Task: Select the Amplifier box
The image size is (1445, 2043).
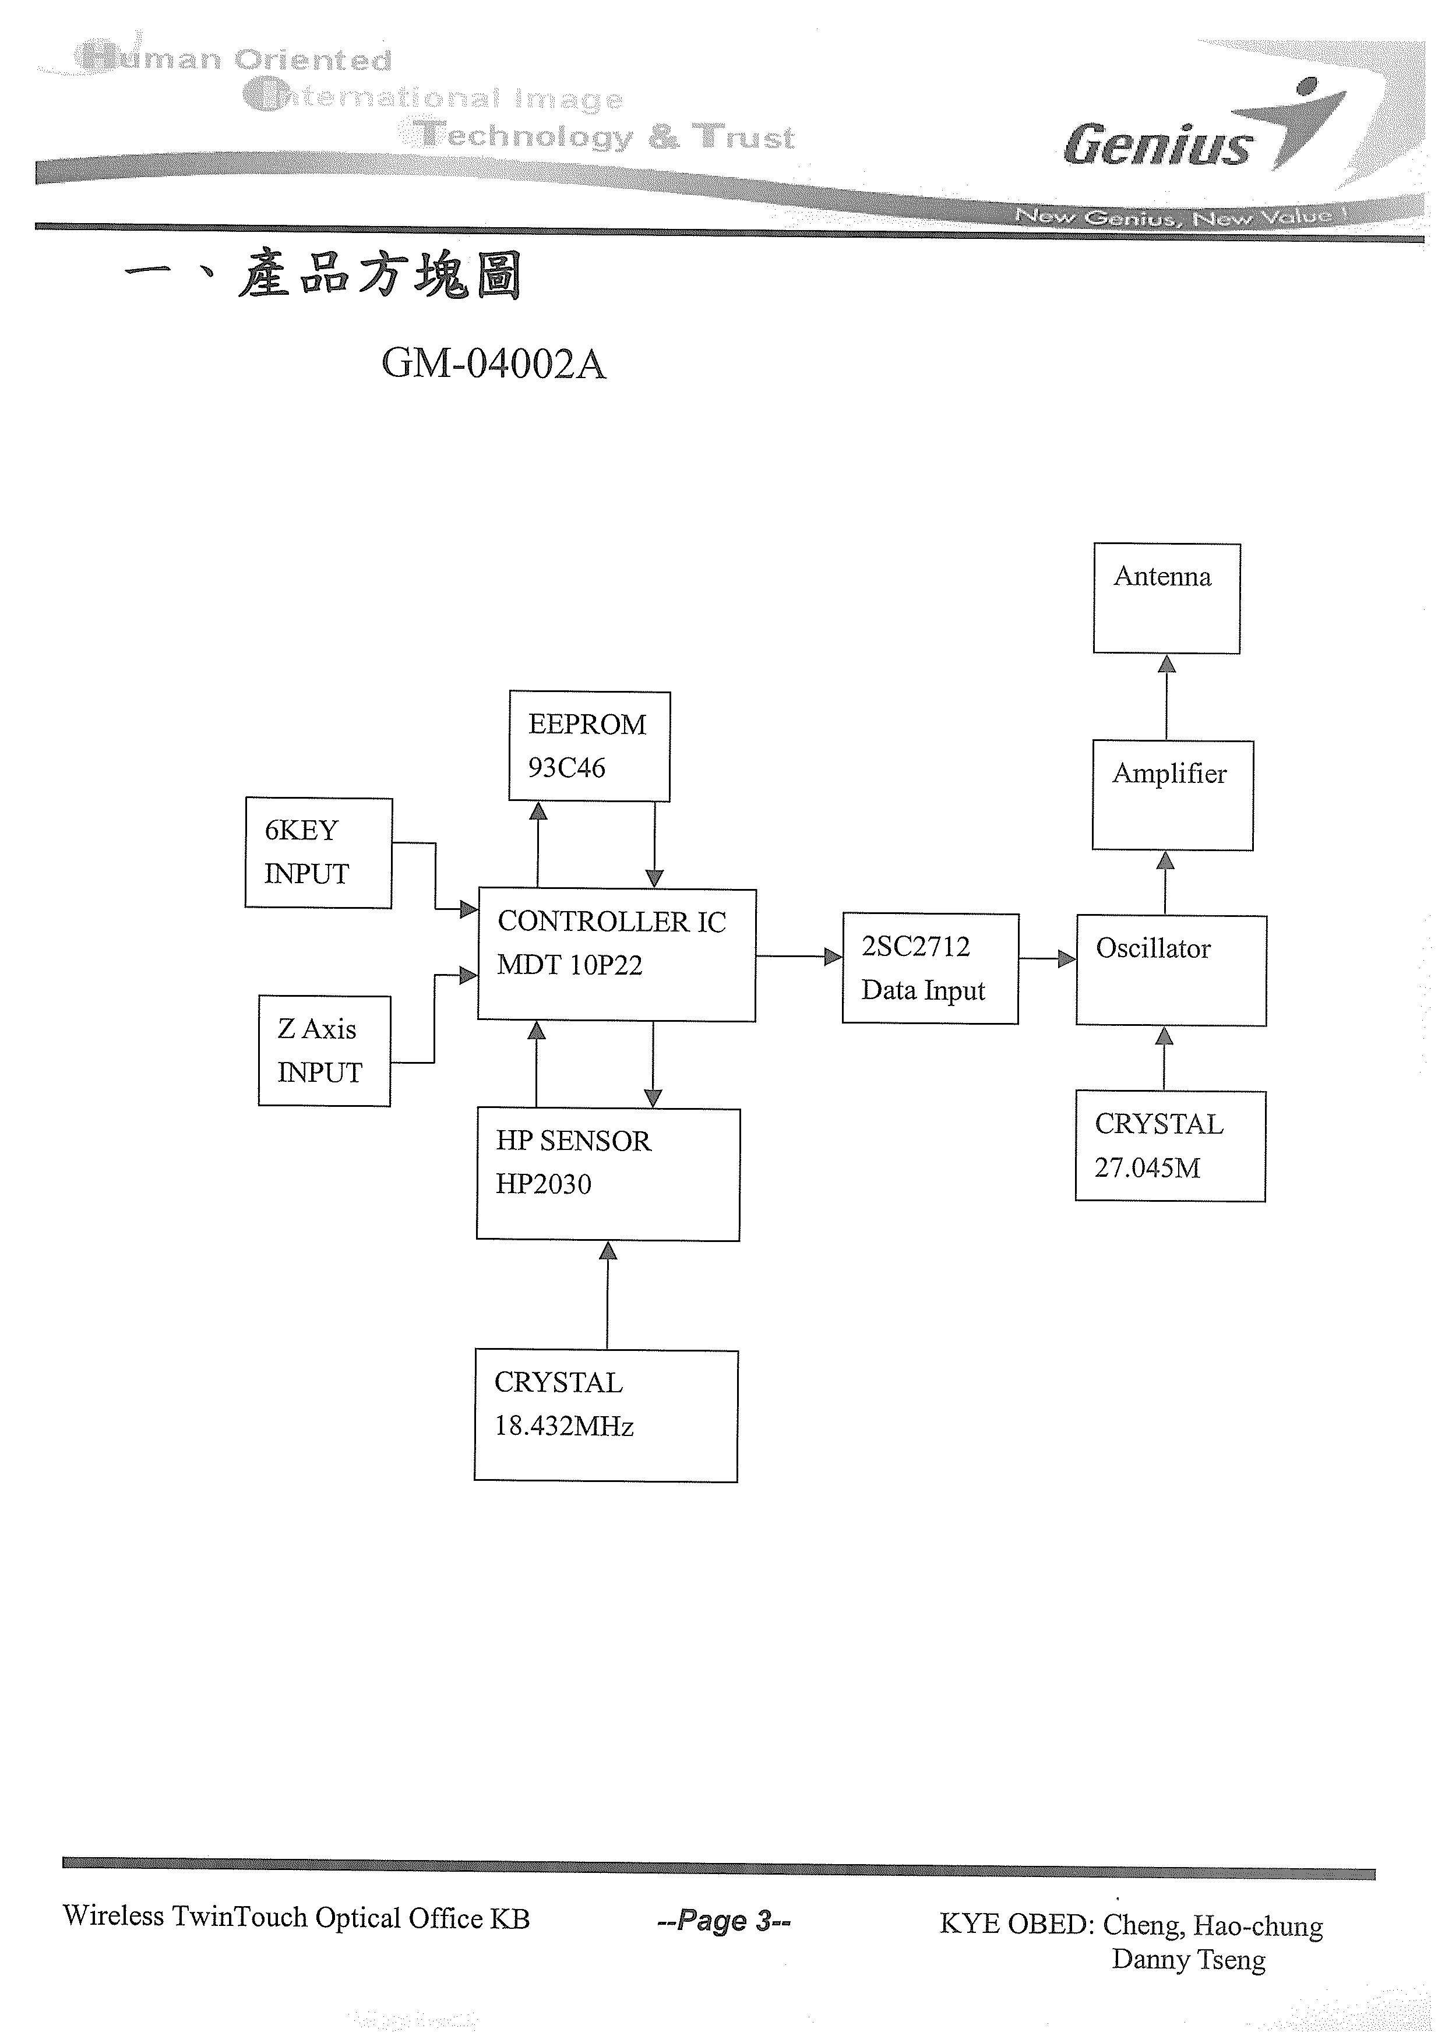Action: tap(1172, 796)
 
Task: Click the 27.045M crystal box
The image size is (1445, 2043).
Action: tap(1169, 1146)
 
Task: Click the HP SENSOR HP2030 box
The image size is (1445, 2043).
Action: tap(608, 1174)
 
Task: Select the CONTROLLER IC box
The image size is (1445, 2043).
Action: tap(616, 955)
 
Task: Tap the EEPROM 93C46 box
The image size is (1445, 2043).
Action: tap(589, 747)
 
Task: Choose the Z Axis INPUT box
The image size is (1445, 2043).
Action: tap(324, 1051)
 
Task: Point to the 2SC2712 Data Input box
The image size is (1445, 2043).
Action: tap(930, 968)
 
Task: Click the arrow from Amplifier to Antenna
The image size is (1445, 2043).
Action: tap(1166, 698)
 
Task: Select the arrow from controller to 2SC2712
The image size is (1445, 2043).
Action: tap(798, 957)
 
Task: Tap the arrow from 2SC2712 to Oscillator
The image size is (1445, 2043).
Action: tap(1046, 958)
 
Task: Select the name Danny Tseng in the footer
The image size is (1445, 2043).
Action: tap(1188, 1959)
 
